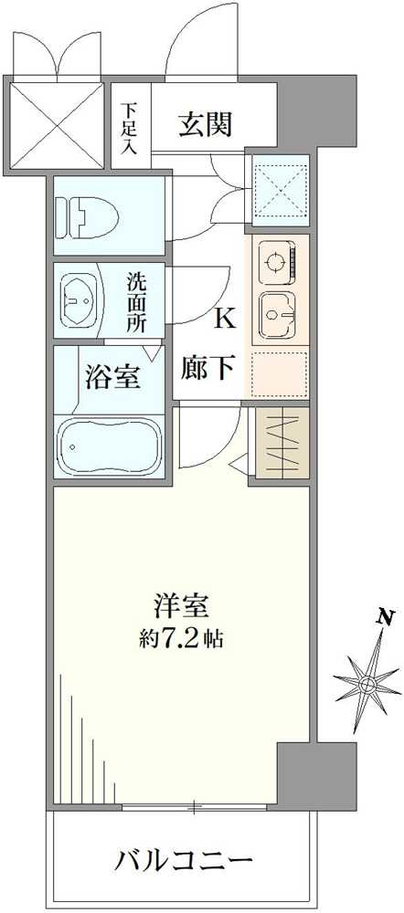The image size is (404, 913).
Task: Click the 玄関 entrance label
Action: click(x=204, y=123)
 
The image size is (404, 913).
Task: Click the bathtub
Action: click(x=109, y=445)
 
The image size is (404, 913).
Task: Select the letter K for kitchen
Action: click(x=225, y=319)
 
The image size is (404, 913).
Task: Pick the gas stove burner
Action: click(x=275, y=265)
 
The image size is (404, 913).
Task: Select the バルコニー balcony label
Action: click(x=183, y=861)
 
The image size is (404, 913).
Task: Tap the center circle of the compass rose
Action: click(x=367, y=682)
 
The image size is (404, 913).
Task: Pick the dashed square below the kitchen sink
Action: click(x=279, y=372)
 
